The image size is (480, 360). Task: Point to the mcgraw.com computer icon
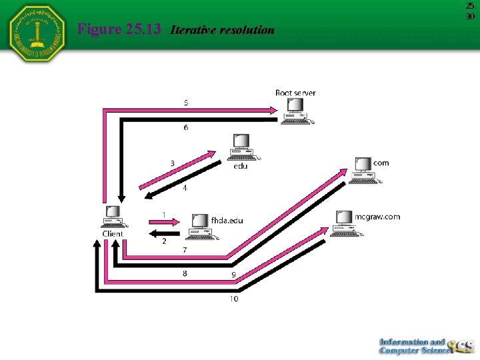(343, 223)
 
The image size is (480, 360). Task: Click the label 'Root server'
(295, 93)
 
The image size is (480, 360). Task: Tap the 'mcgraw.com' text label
(377, 216)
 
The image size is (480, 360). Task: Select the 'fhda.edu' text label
(227, 220)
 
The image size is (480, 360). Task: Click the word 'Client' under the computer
(113, 234)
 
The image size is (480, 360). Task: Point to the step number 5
(187, 102)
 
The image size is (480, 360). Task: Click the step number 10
(233, 299)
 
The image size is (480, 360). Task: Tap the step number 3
(172, 163)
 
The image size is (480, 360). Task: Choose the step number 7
(185, 250)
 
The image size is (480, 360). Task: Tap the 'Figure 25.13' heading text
(119, 29)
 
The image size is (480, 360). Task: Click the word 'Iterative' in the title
(195, 30)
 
